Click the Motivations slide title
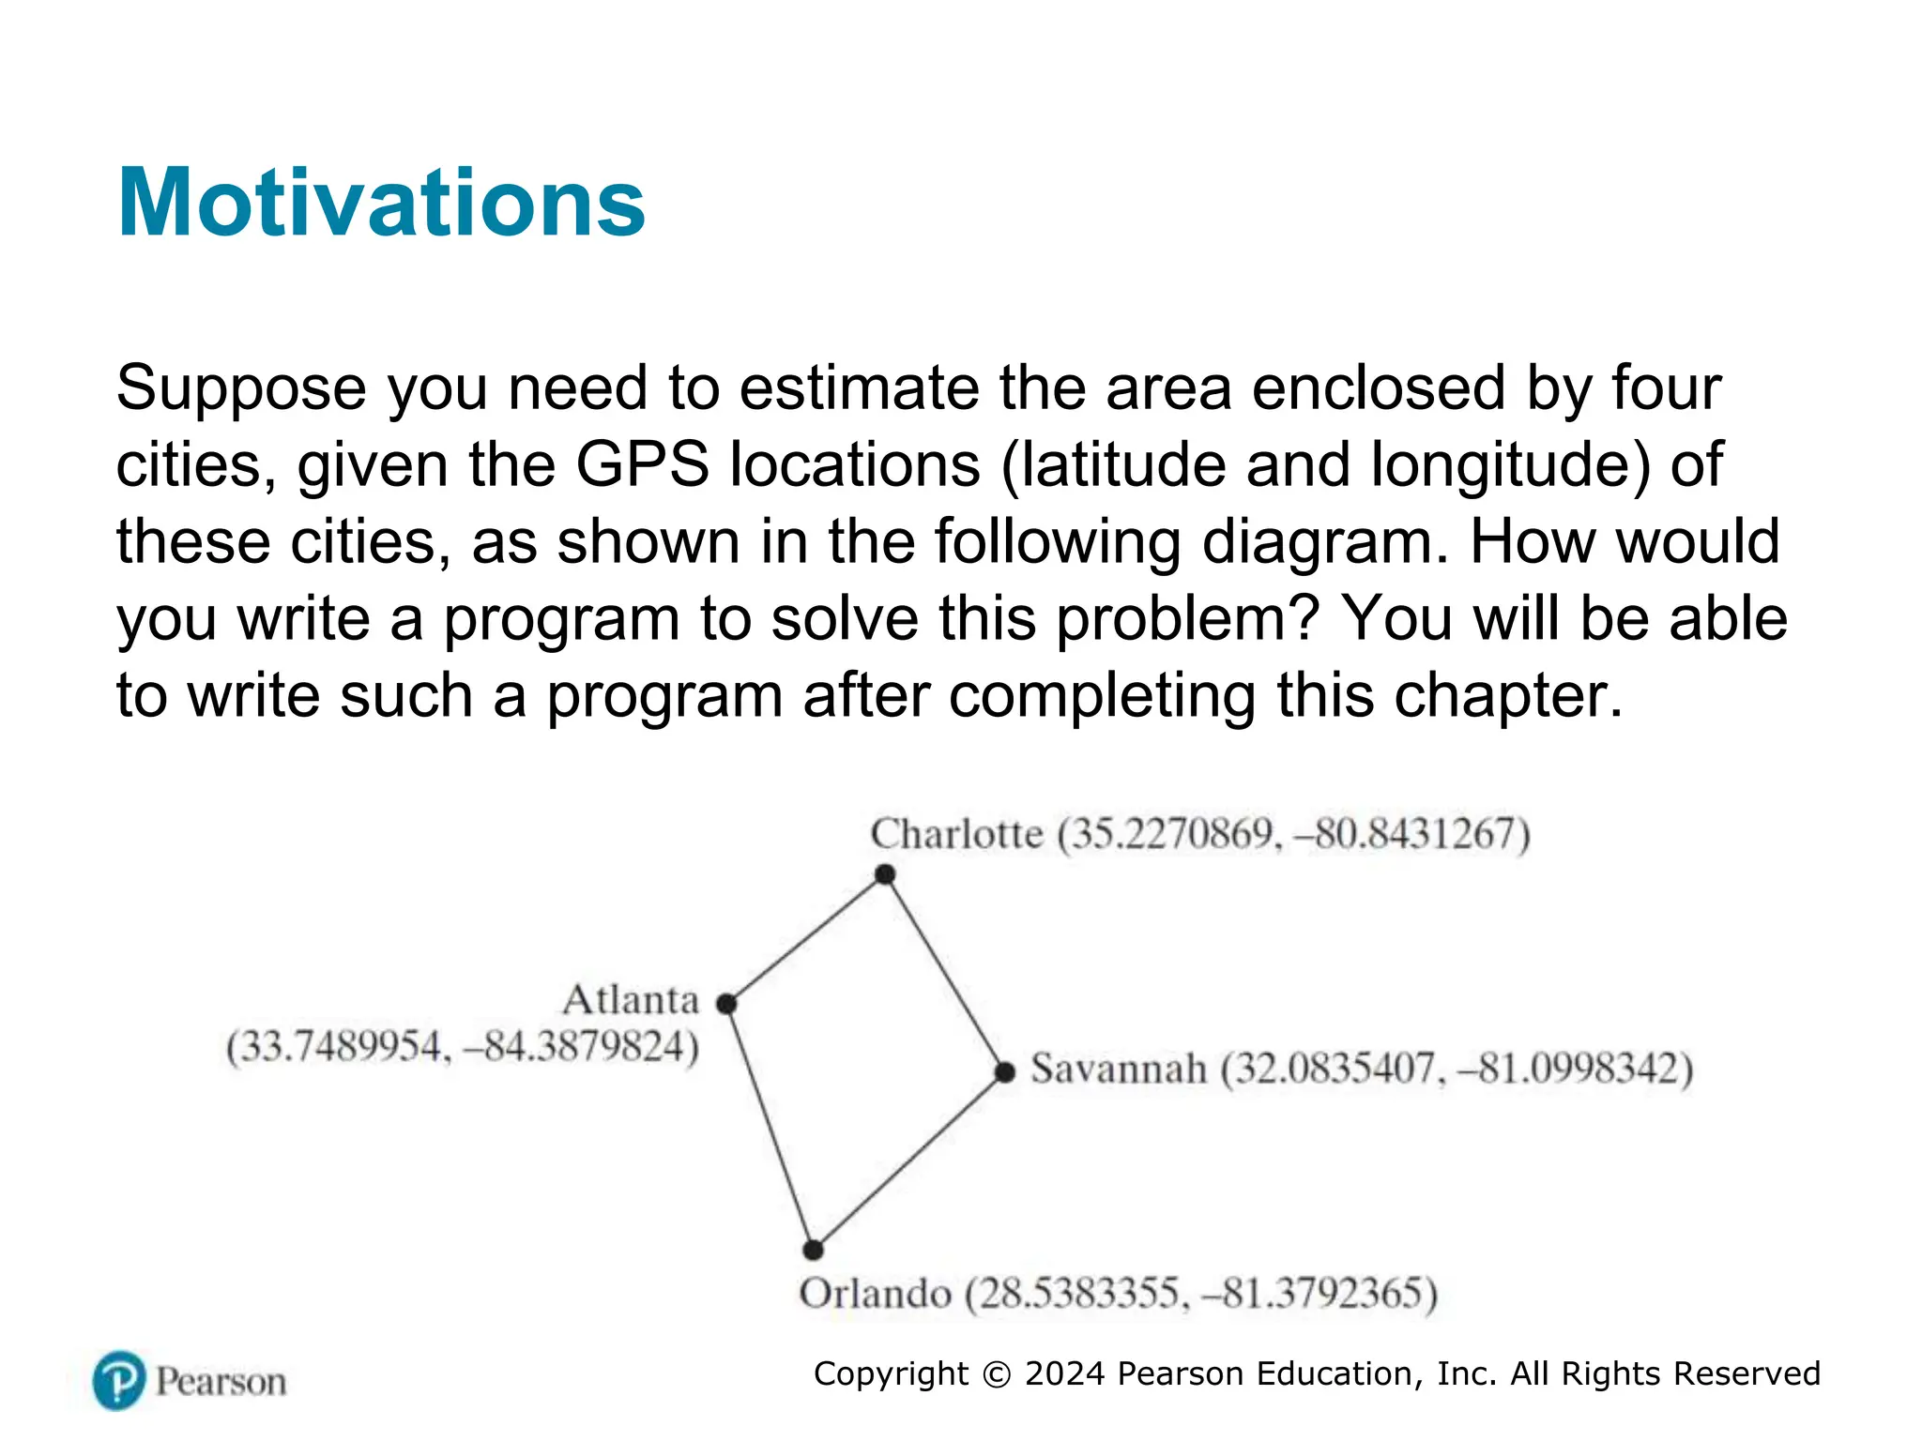click(381, 203)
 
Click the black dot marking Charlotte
click(885, 874)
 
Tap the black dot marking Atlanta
click(726, 1004)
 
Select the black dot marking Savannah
click(1005, 1071)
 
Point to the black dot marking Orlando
click(814, 1250)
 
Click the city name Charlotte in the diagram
click(956, 834)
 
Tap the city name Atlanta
click(632, 1000)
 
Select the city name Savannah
click(1119, 1069)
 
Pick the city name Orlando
click(876, 1294)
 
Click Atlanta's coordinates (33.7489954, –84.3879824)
click(463, 1047)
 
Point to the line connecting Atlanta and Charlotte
click(805, 939)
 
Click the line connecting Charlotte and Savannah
click(945, 973)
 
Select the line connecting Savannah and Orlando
click(909, 1160)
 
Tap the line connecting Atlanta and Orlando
click(770, 1127)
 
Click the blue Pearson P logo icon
click(119, 1380)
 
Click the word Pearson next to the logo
click(221, 1382)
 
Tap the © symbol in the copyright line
click(997, 1374)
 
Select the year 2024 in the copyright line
click(1065, 1374)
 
